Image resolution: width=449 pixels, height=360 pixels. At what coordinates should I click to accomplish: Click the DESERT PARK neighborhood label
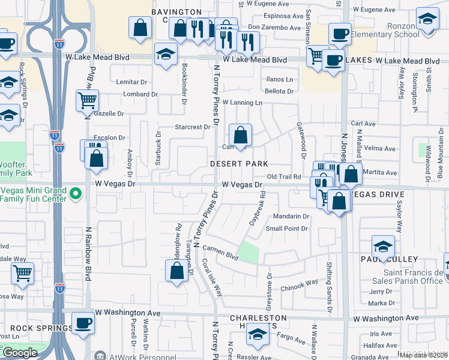click(x=238, y=164)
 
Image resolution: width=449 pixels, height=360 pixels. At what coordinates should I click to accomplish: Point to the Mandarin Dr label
click(x=291, y=216)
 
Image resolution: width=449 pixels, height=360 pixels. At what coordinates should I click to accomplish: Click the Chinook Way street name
click(x=299, y=283)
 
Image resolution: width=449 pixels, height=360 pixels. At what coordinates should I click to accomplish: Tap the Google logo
click(x=20, y=353)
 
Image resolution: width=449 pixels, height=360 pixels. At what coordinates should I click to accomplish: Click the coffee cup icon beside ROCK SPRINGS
click(x=83, y=322)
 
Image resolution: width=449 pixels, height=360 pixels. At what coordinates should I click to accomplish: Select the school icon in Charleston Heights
click(x=258, y=334)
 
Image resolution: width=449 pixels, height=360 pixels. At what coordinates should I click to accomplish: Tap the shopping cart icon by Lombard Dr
click(x=87, y=100)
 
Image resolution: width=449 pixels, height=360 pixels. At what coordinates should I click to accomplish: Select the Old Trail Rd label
click(x=283, y=176)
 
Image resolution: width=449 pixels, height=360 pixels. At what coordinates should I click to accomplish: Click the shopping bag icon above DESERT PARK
click(x=240, y=136)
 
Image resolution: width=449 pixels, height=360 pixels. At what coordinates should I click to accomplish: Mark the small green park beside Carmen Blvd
click(x=249, y=251)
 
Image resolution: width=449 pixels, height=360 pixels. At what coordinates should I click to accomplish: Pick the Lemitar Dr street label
click(x=131, y=82)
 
